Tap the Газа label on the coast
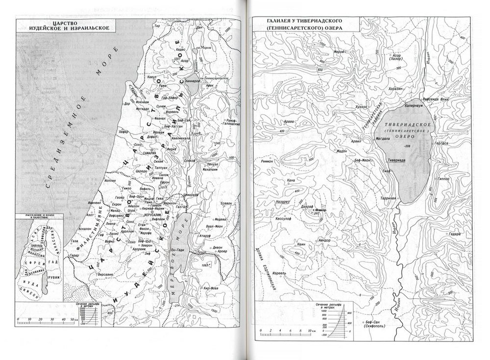[74, 241]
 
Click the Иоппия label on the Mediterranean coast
[110, 180]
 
